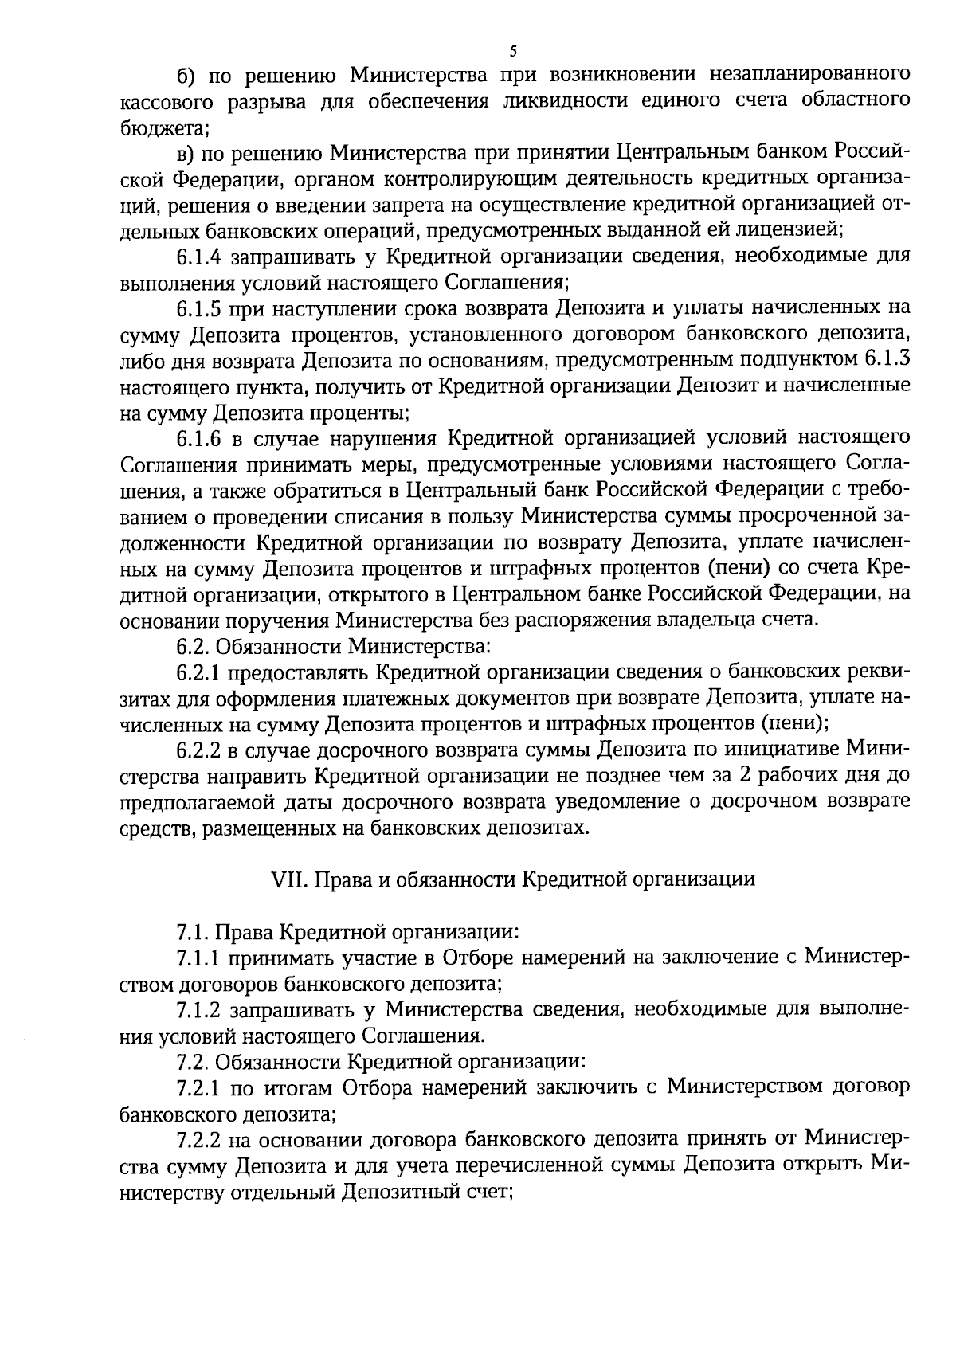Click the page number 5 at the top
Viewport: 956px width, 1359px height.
tap(513, 52)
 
